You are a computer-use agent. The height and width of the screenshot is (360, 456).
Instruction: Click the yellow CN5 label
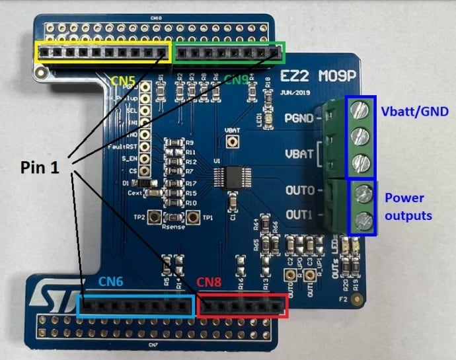[122, 81]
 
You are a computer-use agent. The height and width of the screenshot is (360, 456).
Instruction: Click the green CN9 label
[236, 80]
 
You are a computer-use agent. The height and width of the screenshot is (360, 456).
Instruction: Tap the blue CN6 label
[112, 281]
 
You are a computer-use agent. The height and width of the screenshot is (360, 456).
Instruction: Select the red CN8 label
[210, 281]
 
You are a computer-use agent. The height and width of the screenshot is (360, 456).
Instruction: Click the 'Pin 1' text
[38, 168]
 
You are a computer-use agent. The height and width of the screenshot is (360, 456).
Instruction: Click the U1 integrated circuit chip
[227, 177]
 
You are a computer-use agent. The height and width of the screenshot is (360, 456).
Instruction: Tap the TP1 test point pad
[194, 217]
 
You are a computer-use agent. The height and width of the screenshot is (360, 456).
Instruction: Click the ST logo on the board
[54, 293]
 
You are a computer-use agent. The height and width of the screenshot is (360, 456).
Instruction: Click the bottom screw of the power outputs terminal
[361, 219]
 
